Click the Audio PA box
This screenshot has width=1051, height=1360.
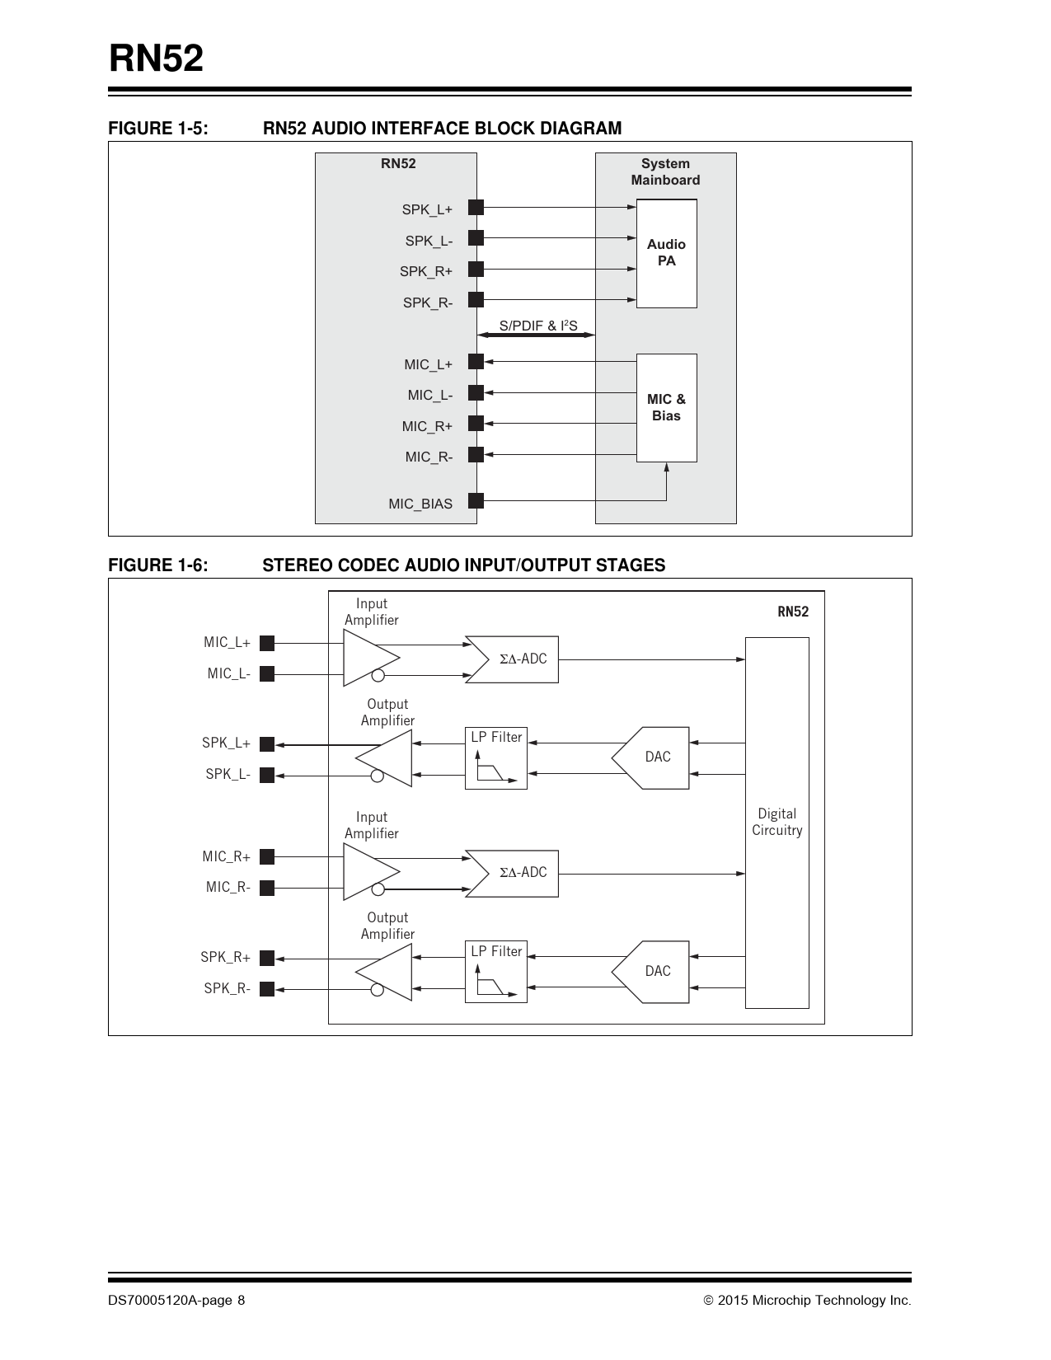tap(666, 254)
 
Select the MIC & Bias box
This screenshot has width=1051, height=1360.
tap(666, 408)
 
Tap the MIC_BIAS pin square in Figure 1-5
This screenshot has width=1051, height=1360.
tap(476, 500)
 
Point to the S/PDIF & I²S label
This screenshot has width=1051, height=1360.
tap(538, 326)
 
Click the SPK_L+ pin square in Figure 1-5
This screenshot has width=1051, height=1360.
tap(476, 207)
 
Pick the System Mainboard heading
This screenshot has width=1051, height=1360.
tap(665, 171)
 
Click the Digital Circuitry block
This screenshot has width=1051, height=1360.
tap(777, 822)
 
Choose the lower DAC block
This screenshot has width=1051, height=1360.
tap(654, 972)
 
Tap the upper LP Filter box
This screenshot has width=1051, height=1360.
tap(496, 758)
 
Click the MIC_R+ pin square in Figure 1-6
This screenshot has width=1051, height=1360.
tap(267, 857)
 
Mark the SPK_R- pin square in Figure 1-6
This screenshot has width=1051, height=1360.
tap(267, 989)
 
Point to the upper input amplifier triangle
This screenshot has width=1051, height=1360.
tap(369, 658)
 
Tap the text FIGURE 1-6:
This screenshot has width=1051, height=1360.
tap(158, 565)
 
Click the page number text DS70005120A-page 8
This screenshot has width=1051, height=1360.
tap(176, 1301)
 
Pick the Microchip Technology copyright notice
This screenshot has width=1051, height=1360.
tap(807, 1301)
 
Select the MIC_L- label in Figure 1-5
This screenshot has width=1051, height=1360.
tap(429, 396)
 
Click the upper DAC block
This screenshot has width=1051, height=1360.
tap(654, 757)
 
